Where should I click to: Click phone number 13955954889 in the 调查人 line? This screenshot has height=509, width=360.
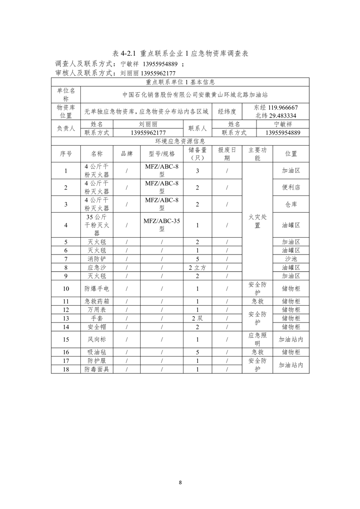point(160,64)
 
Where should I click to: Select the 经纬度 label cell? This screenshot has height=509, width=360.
point(227,111)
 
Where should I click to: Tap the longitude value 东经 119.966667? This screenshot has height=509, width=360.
point(276,108)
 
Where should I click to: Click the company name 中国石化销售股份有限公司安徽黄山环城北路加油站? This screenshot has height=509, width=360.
point(195,95)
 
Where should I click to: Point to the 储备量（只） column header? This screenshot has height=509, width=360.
point(197,154)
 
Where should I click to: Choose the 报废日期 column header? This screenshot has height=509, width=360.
point(227,154)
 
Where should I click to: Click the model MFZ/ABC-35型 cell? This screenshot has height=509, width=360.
point(162,225)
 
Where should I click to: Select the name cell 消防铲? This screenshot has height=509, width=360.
point(97,259)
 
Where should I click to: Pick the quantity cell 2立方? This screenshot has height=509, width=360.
point(197,267)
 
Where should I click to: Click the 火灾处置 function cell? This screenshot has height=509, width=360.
point(257,221)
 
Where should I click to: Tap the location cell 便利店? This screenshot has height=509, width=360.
point(291,187)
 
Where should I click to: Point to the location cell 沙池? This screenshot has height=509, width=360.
point(291,259)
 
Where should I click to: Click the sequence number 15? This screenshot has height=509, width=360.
point(66,339)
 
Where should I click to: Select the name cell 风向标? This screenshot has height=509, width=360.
point(97,339)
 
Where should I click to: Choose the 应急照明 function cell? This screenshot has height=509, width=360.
point(257,339)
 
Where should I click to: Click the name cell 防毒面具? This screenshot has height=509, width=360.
point(97,369)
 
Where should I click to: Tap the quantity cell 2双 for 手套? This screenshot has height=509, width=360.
point(197,318)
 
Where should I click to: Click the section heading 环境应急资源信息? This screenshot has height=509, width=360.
point(180,141)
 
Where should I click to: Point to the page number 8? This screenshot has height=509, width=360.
point(180,482)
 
